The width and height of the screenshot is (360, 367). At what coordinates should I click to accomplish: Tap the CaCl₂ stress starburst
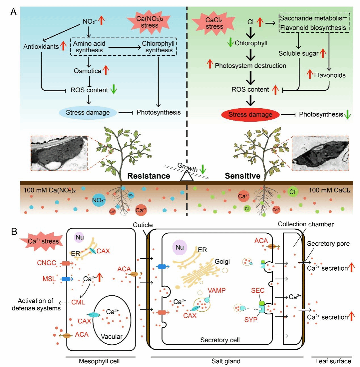(x=214, y=23)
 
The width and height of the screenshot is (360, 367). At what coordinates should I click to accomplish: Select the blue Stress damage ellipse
(x=88, y=113)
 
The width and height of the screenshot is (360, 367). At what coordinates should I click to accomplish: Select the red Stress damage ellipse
(x=250, y=115)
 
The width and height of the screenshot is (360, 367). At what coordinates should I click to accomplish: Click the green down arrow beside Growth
(x=203, y=169)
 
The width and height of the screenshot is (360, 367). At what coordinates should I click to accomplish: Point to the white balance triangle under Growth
(x=187, y=177)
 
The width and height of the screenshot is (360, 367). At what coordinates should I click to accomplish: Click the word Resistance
(x=148, y=176)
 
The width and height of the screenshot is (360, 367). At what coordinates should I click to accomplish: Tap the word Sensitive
(x=242, y=176)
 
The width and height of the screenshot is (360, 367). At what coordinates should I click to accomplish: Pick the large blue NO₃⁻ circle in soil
(x=99, y=200)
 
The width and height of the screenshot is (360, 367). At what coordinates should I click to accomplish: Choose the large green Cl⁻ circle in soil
(x=292, y=192)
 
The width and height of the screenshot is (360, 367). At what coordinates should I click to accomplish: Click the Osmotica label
(x=87, y=71)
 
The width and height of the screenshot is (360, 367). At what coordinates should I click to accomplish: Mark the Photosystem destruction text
(x=250, y=66)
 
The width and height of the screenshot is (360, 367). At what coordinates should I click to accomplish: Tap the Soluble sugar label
(x=298, y=53)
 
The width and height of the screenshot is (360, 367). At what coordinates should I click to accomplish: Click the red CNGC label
(x=47, y=263)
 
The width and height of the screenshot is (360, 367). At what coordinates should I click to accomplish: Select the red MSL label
(x=49, y=279)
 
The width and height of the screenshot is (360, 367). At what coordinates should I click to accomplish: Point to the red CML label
(x=78, y=302)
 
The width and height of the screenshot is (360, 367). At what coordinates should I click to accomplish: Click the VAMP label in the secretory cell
(x=217, y=291)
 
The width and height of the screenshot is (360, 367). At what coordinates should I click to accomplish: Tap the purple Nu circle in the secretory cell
(x=179, y=247)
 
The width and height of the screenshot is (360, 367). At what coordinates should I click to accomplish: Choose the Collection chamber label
(x=305, y=224)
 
